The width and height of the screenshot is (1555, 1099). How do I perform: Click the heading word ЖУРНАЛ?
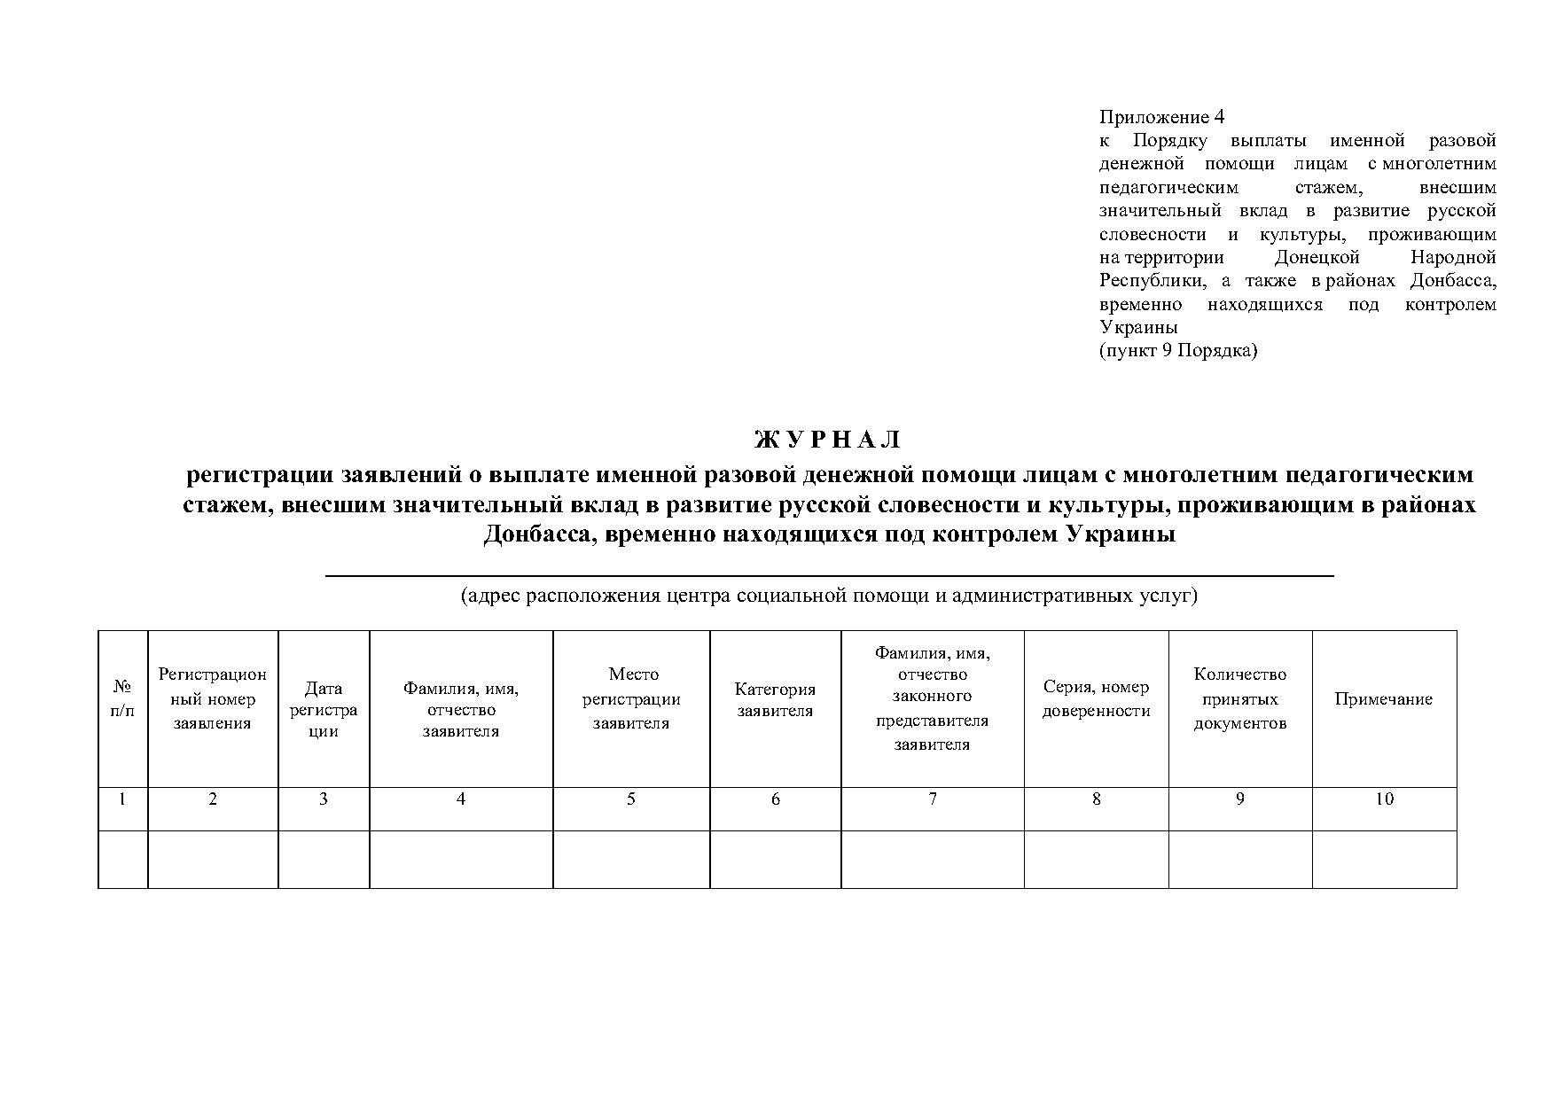pos(828,440)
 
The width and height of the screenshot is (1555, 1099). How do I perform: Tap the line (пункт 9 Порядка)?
pos(1178,350)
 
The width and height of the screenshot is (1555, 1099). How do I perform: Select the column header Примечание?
pos(1383,699)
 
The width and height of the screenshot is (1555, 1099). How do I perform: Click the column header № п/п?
pos(122,699)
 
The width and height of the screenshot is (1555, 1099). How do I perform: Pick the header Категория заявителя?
pos(775,699)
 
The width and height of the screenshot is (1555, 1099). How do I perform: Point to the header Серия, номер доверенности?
pos(1096,698)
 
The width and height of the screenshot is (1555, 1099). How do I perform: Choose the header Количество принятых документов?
pos(1239,698)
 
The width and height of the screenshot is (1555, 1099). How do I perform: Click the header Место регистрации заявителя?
pos(630,698)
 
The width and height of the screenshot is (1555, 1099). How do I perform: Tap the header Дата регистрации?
pos(323,709)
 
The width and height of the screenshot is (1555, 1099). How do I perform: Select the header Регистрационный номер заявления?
pos(212,698)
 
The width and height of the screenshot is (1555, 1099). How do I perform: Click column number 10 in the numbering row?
pos(1384,799)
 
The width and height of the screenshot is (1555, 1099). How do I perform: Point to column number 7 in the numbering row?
pos(932,799)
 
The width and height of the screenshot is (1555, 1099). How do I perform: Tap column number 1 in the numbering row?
pos(122,799)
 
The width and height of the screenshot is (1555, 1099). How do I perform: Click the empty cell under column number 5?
pos(630,859)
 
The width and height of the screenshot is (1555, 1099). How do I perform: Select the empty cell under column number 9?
pos(1239,859)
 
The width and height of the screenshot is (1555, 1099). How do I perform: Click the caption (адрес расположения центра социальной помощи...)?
pos(828,595)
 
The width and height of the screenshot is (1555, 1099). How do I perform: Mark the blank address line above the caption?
pos(828,575)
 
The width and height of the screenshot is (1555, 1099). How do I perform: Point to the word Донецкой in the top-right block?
pos(1317,257)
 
